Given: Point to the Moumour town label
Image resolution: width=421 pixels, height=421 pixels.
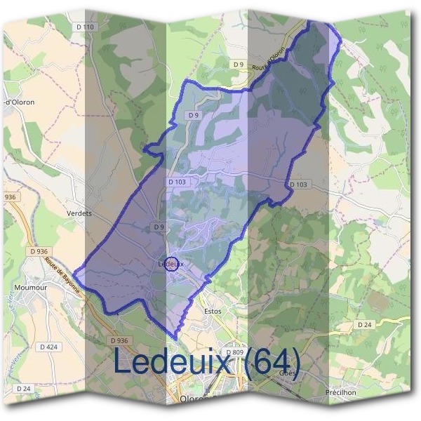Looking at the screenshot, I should click(x=30, y=288).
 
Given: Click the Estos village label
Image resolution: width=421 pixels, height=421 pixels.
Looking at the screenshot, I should click(x=212, y=310).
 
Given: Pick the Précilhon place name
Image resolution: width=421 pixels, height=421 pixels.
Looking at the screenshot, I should click(x=340, y=392).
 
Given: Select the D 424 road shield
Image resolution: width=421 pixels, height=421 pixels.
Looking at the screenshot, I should click(x=48, y=347).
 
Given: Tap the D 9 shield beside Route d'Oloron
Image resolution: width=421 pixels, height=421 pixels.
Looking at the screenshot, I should click(x=239, y=65).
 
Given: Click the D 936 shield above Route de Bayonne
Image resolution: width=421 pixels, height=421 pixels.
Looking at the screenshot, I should click(x=39, y=250).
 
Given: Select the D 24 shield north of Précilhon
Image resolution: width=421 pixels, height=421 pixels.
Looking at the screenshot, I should click(x=363, y=325).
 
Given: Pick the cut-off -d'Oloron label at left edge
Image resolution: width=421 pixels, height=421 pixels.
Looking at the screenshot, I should click(x=19, y=102).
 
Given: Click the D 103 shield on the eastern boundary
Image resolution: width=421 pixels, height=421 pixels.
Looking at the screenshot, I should click(x=298, y=185).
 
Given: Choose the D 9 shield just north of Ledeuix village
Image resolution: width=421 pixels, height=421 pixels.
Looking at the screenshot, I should click(x=159, y=227).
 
